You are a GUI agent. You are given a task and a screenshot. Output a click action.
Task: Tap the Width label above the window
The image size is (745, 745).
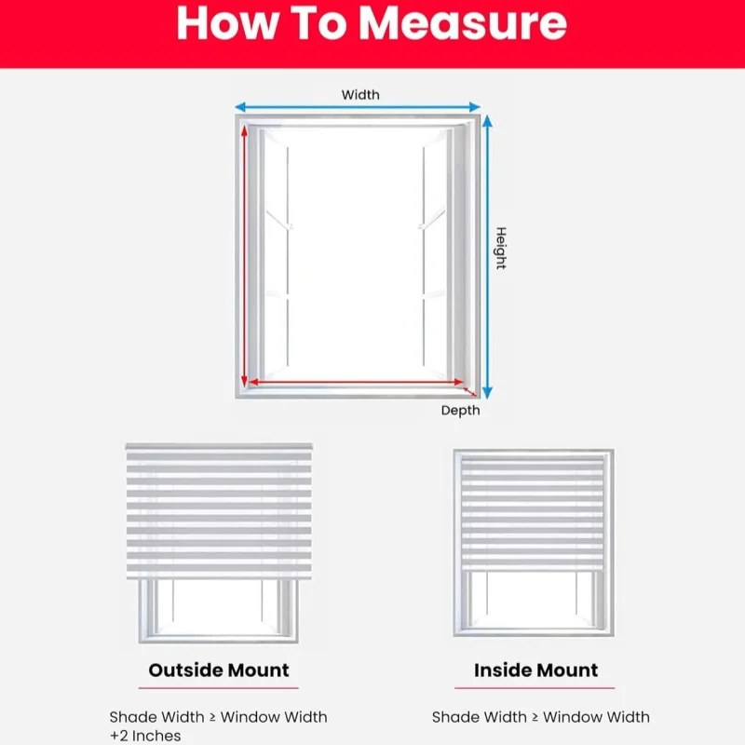tap(360, 95)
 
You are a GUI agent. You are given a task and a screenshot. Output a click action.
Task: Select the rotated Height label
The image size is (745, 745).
tap(501, 248)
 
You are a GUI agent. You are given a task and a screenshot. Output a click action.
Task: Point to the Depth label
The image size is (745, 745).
tap(460, 410)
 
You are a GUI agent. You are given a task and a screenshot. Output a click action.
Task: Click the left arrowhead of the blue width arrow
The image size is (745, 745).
tap(240, 107)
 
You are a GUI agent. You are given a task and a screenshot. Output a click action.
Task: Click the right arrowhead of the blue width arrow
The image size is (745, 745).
tap(475, 107)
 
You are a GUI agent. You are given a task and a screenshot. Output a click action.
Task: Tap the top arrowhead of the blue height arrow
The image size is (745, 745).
tap(487, 122)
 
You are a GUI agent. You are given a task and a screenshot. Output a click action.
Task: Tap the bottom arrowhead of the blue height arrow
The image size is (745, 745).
tap(487, 392)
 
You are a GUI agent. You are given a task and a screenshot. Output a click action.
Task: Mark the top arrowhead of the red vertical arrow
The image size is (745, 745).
tap(244, 129)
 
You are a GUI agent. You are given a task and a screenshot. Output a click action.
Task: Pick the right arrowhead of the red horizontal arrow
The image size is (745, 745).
tap(458, 382)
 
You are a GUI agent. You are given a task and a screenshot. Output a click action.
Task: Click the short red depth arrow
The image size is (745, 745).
tap(469, 391)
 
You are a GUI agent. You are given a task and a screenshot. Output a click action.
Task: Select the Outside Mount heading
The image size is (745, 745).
tap(219, 670)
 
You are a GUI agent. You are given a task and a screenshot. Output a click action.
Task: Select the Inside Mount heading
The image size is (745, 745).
tap(536, 670)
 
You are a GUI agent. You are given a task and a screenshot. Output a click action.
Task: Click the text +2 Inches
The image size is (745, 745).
tap(145, 736)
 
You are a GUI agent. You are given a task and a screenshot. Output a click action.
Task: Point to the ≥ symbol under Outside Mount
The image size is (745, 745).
tap(212, 717)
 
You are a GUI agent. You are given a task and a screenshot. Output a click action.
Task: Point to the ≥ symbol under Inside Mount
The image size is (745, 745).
tap(535, 717)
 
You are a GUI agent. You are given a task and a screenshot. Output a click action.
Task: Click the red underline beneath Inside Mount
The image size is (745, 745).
tap(535, 687)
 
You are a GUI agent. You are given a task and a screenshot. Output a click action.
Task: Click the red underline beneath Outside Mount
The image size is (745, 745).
tap(219, 687)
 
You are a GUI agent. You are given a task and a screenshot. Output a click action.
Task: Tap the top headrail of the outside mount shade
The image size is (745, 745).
tap(219, 447)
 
